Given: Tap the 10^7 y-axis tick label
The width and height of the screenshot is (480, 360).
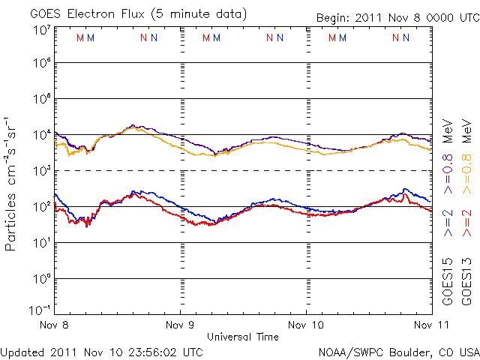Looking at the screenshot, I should [41, 30].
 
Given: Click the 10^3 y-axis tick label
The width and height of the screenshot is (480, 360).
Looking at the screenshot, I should [41, 171].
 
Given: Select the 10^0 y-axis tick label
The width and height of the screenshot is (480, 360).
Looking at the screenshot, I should [41, 279].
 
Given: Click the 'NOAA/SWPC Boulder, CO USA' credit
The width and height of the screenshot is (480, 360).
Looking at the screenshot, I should [397, 351].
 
